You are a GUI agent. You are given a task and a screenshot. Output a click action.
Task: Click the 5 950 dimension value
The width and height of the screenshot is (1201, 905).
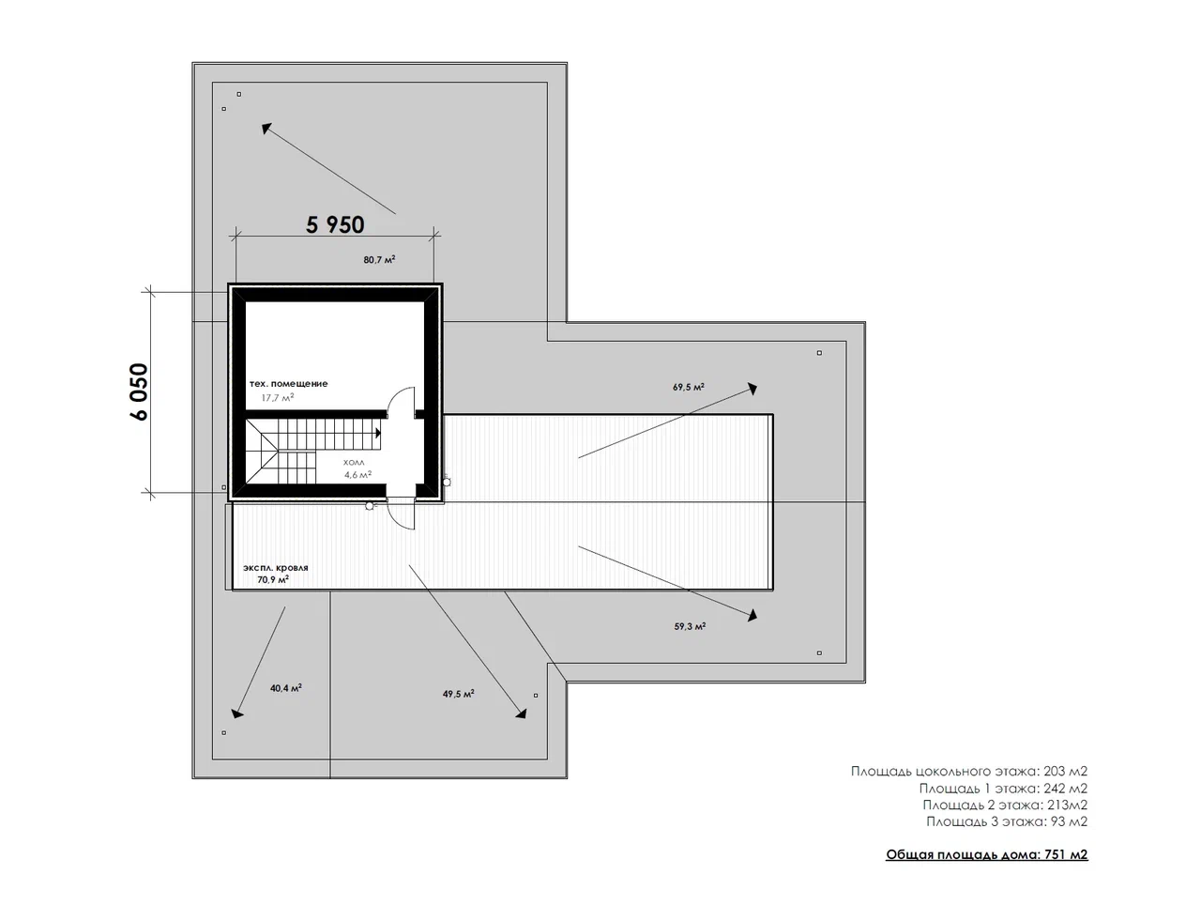tap(335, 224)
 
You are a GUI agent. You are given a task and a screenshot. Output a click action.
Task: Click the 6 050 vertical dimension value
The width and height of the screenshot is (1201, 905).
tap(139, 391)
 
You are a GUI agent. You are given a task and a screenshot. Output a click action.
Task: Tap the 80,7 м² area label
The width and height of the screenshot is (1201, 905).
tap(379, 259)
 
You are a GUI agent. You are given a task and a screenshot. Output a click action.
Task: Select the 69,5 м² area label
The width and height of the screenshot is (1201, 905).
tap(689, 387)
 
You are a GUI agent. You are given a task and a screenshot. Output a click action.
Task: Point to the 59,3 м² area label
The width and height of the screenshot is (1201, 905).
tap(690, 626)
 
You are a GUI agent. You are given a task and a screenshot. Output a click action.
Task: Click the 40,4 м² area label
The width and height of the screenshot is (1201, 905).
tap(285, 688)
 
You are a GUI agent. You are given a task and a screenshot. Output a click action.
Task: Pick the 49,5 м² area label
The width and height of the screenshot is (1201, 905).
tap(458, 694)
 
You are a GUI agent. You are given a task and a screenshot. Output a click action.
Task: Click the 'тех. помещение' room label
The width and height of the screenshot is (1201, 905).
tap(288, 384)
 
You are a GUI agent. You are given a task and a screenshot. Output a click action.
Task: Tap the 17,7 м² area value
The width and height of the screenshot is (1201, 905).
tap(278, 397)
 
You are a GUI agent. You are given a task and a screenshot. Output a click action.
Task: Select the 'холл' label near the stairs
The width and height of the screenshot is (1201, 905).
tap(354, 463)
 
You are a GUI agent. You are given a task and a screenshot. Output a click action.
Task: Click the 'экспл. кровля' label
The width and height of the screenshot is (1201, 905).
tap(276, 568)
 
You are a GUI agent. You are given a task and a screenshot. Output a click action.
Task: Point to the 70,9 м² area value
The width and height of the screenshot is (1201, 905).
tap(273, 579)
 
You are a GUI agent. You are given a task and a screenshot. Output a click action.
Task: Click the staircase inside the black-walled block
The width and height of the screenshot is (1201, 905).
tap(312, 452)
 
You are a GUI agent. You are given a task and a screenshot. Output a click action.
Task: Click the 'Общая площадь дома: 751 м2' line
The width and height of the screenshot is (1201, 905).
tap(986, 854)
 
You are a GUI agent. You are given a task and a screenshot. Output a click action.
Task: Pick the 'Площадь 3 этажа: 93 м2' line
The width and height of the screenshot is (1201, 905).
tap(1007, 821)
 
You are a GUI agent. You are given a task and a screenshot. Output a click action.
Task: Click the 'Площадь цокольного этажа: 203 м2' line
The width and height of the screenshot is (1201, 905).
tap(969, 772)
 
